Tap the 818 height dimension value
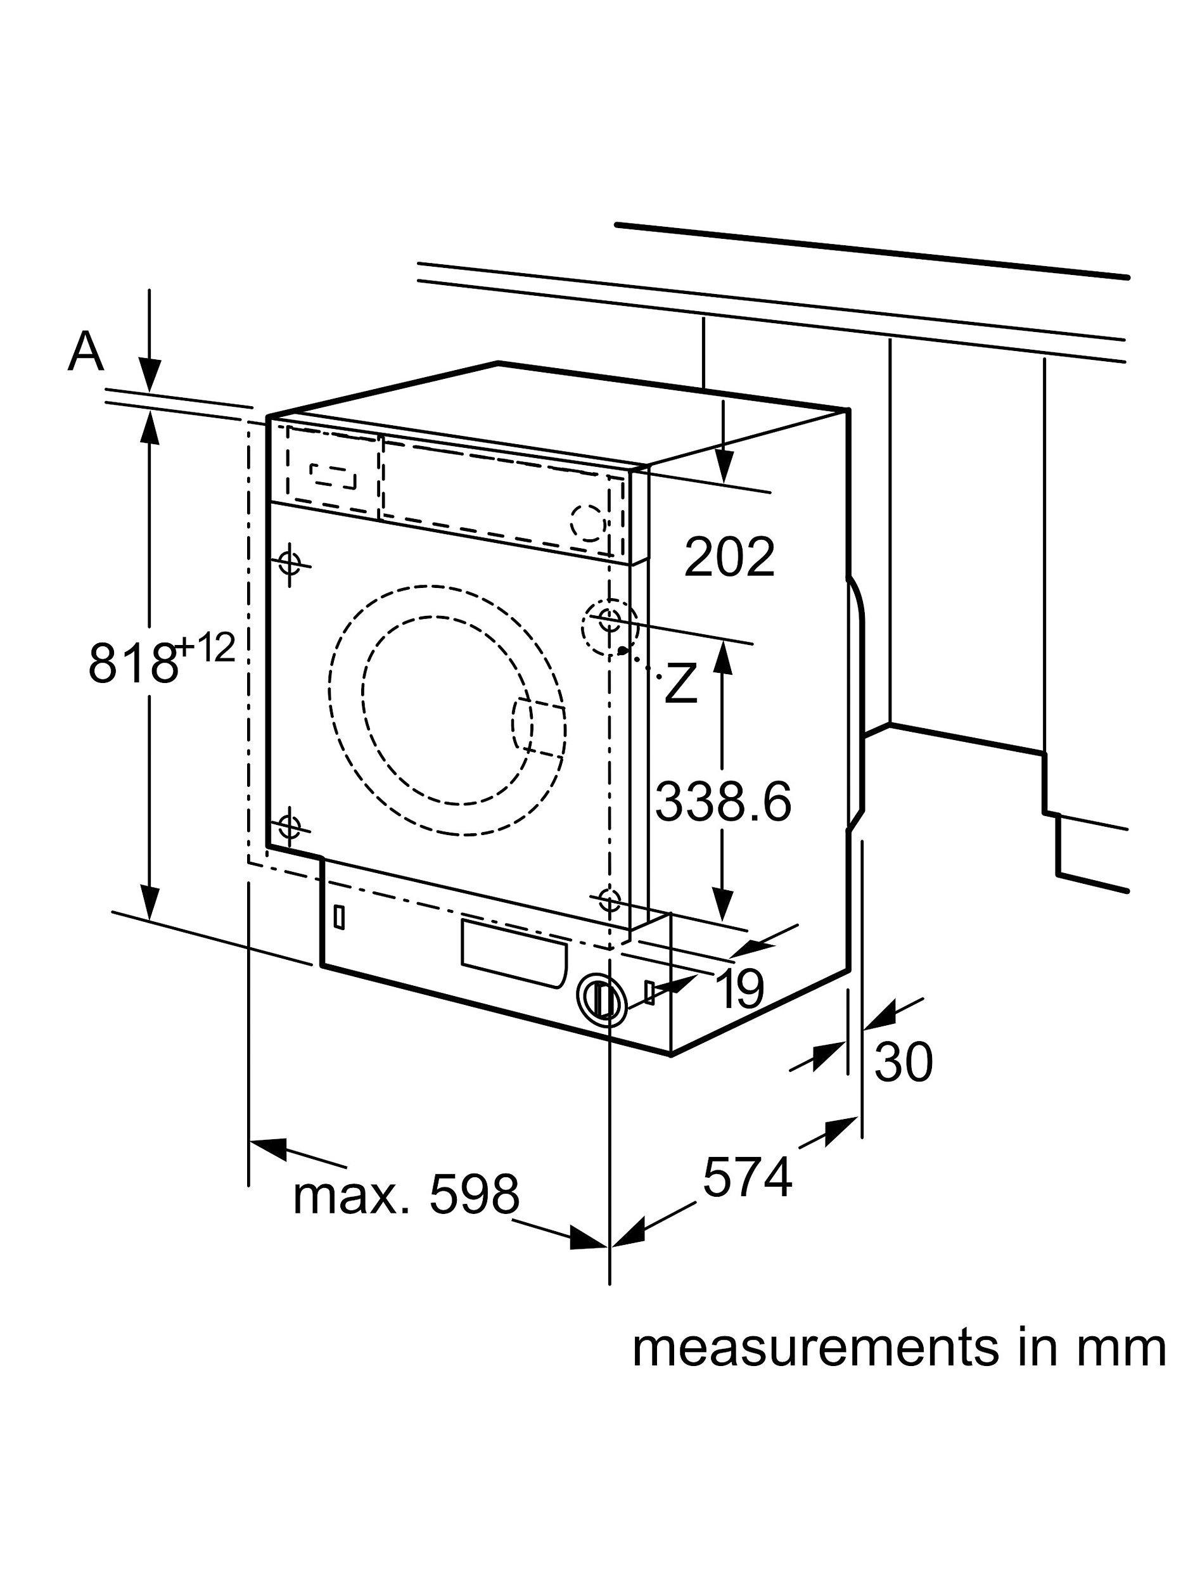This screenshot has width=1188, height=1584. pyautogui.click(x=132, y=663)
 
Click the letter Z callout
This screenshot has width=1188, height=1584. pyautogui.click(x=680, y=684)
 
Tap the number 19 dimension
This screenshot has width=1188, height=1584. pyautogui.click(x=739, y=989)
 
